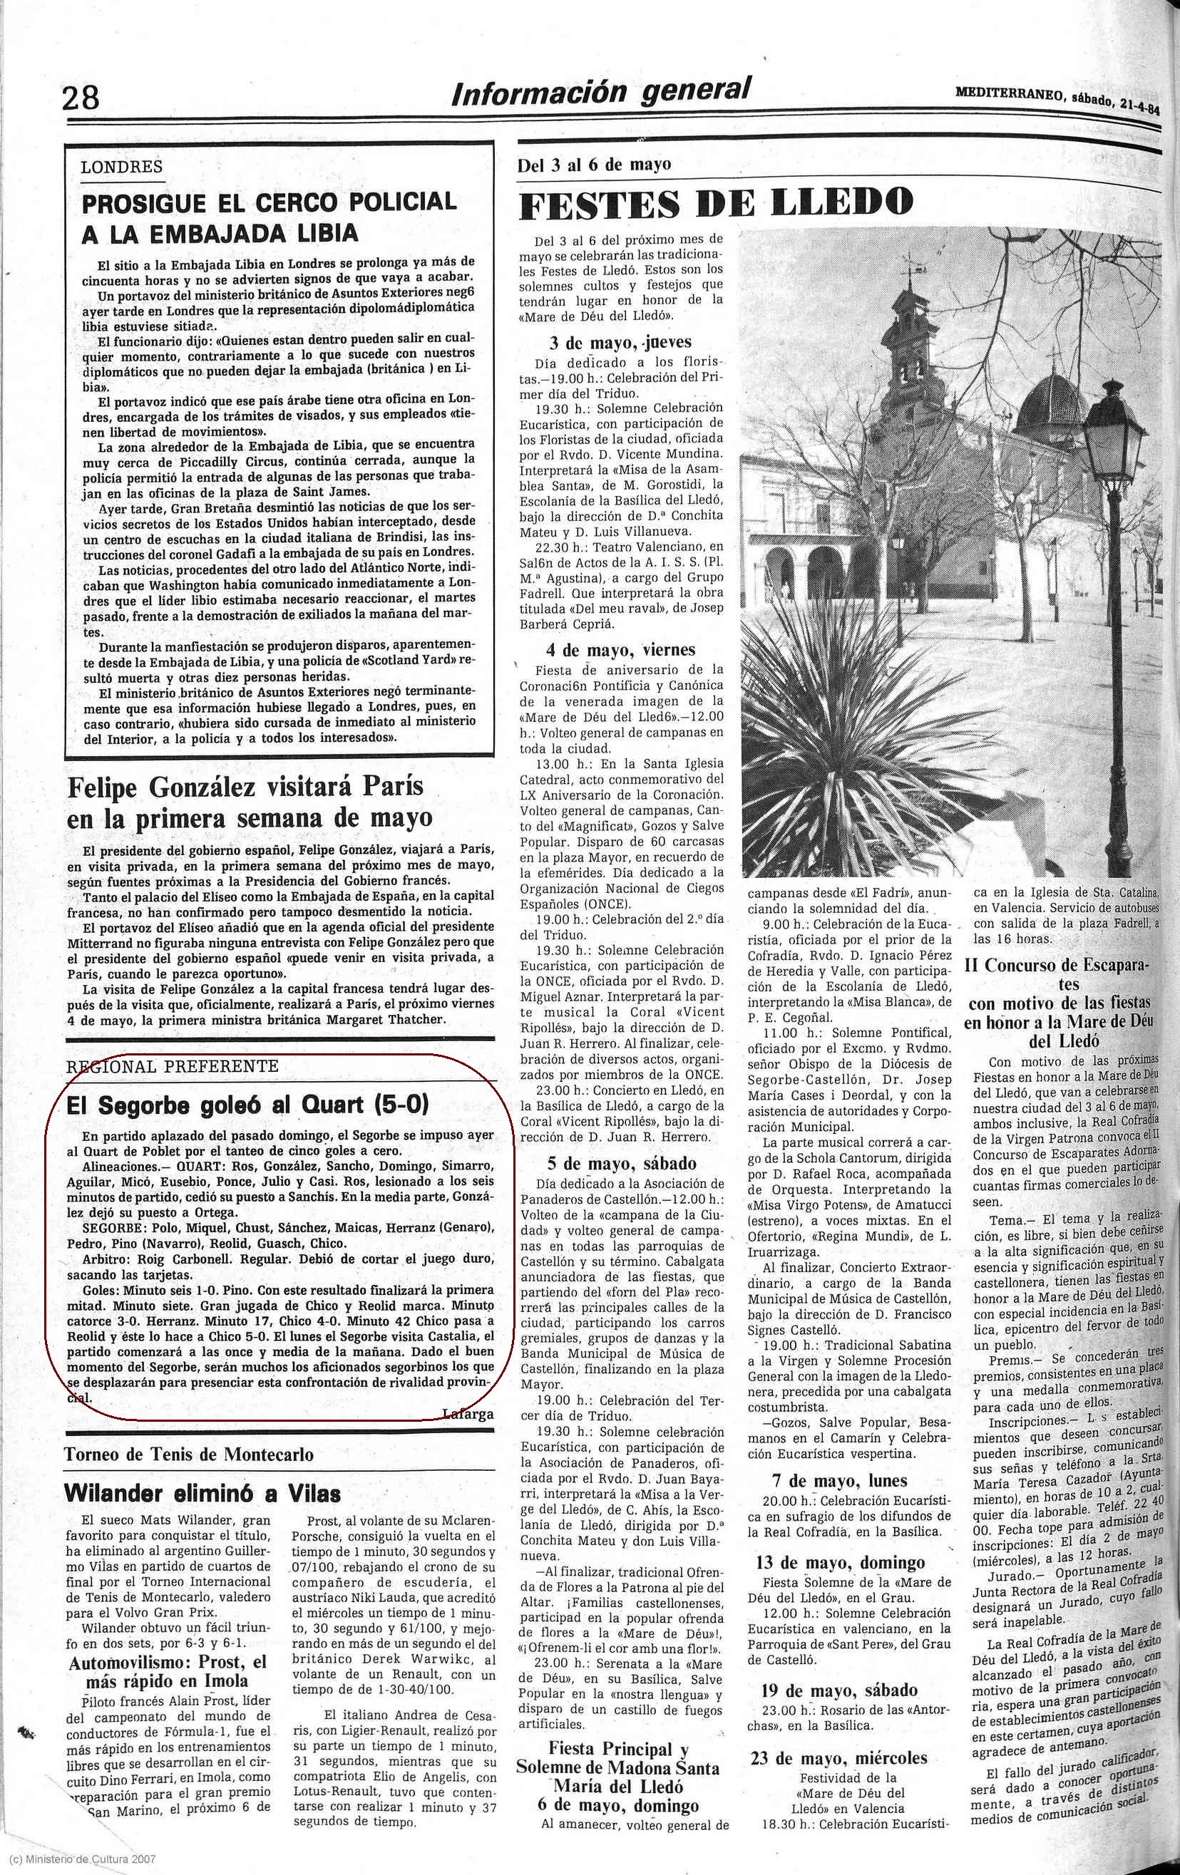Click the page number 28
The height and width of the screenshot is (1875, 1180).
point(81,99)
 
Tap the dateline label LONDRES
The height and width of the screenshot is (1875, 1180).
point(121,167)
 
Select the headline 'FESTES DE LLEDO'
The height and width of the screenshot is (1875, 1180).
point(715,203)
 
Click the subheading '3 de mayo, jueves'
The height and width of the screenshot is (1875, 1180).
point(620,342)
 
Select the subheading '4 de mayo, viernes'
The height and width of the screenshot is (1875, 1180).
point(621,649)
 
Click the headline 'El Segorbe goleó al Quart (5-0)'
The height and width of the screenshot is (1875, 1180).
point(247,1105)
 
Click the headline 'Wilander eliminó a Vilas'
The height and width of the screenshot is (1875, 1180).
point(202,1494)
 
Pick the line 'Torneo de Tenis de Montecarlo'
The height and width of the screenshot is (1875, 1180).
point(189,1454)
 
